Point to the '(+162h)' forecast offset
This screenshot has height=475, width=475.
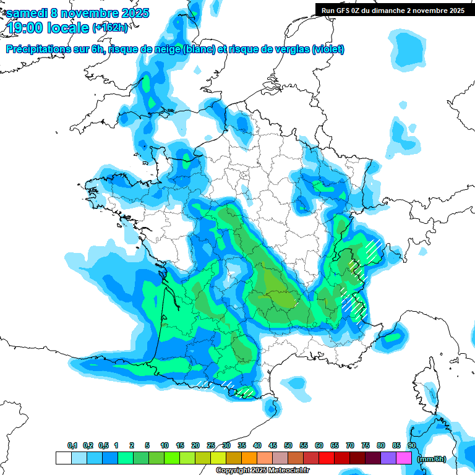tap(111, 28)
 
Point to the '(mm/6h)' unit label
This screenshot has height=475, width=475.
tap(431, 459)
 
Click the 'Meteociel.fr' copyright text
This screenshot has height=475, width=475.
tap(288, 471)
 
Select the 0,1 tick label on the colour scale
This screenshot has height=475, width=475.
tap(72, 445)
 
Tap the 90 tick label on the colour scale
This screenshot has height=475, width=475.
tap(411, 445)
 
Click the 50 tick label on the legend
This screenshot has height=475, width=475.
tap(288, 445)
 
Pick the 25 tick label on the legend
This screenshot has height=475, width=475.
tap(211, 445)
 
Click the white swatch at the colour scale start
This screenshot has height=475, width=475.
tap(63, 458)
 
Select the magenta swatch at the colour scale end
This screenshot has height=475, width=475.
tap(404, 458)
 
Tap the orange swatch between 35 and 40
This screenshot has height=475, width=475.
tap(249, 458)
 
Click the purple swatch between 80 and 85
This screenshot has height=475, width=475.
tap(388, 458)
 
